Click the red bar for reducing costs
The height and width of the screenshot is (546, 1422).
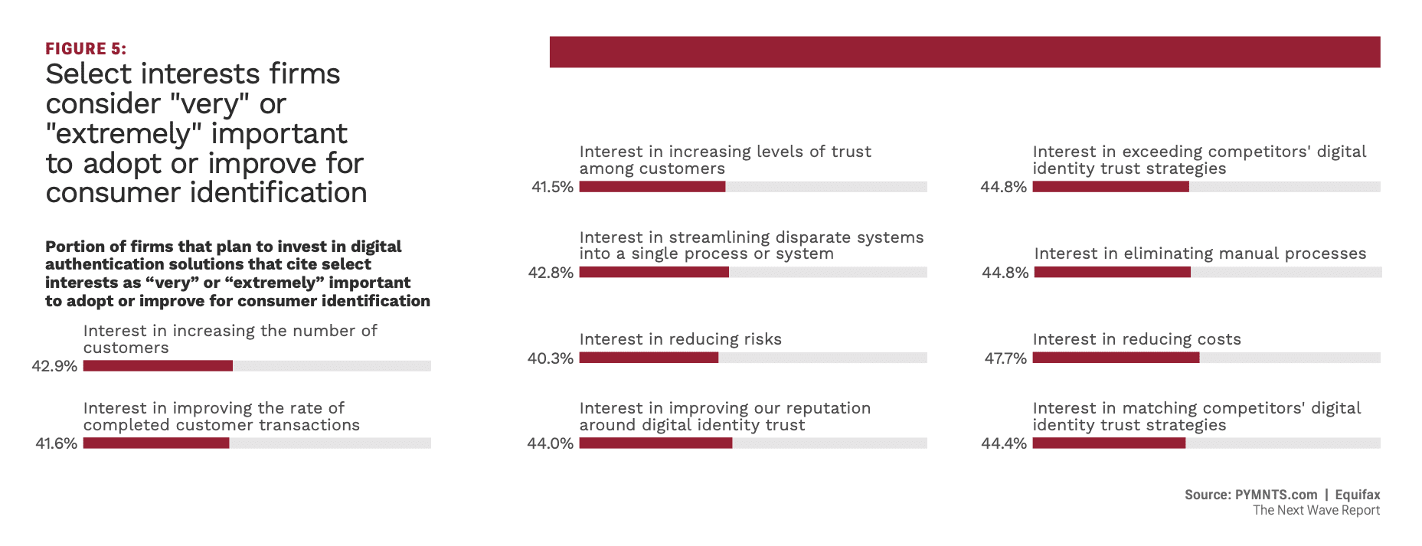[1116, 358]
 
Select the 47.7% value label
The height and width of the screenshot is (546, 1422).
[1005, 358]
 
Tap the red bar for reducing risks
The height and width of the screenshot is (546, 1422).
[649, 358]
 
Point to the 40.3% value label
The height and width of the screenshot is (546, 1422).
[550, 358]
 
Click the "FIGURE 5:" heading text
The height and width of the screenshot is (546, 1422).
[86, 49]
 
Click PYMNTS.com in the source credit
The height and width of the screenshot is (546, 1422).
[1276, 495]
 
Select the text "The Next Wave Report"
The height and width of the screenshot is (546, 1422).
[1316, 511]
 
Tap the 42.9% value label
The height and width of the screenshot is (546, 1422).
[54, 366]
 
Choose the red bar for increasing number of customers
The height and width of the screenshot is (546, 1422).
[158, 366]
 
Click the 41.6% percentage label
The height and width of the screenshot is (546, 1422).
[56, 443]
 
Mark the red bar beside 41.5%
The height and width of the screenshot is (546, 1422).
[652, 187]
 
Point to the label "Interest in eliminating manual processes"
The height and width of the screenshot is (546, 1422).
[1200, 253]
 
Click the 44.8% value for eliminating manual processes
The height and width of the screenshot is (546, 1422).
[1005, 273]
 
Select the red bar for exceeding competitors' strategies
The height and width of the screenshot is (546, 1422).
[1110, 187]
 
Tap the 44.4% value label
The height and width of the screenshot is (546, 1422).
[1003, 443]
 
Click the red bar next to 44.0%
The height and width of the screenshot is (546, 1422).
[655, 443]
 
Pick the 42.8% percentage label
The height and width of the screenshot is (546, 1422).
[550, 273]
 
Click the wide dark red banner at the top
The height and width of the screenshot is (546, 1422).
[964, 52]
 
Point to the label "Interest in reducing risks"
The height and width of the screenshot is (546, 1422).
[680, 339]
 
